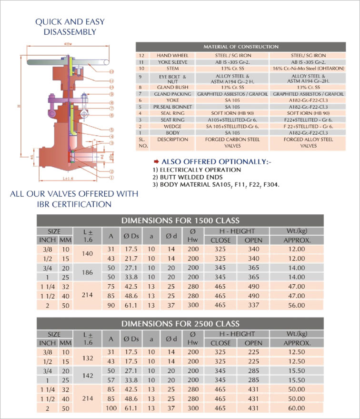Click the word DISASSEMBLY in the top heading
(x=70, y=32)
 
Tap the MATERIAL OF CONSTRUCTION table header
(x=241, y=47)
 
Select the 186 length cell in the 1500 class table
(x=88, y=272)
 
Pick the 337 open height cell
(x=253, y=305)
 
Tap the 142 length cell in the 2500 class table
(x=88, y=375)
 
